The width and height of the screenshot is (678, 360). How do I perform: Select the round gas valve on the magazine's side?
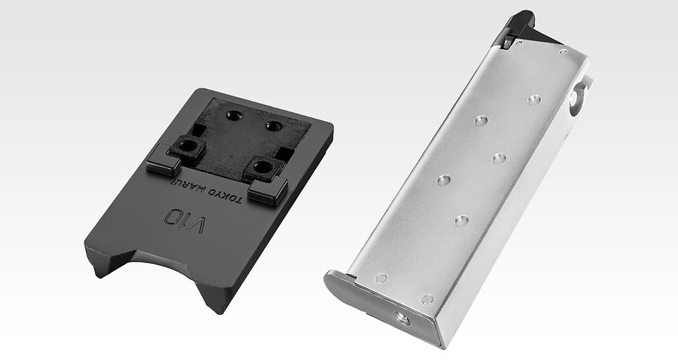point(577,98)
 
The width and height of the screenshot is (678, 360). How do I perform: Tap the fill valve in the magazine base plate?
point(403,318)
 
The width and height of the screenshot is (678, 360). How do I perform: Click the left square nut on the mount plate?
point(187,147)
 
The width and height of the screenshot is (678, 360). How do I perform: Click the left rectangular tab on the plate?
point(163,159)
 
